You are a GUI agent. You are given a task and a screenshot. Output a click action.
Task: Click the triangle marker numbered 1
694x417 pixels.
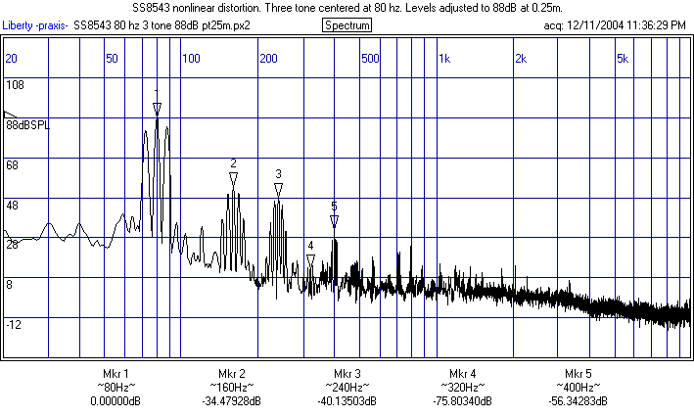pyautogui.click(x=157, y=108)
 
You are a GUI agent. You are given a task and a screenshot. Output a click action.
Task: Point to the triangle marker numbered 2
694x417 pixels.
pyautogui.click(x=233, y=179)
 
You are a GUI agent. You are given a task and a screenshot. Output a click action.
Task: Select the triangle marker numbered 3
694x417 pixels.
pyautogui.click(x=278, y=189)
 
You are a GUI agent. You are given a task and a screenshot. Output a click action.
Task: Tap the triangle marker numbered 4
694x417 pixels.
pyautogui.click(x=310, y=259)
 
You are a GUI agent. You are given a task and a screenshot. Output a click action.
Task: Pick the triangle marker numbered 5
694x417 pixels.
pyautogui.click(x=334, y=220)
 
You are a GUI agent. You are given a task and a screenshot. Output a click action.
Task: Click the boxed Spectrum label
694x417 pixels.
pyautogui.click(x=347, y=24)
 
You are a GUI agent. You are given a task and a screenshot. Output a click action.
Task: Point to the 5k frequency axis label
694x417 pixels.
pyautogui.click(x=623, y=59)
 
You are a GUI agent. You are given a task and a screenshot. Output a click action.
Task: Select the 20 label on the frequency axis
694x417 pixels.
pyautogui.click(x=12, y=59)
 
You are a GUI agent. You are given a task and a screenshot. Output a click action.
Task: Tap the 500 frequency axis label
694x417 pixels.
pyautogui.click(x=370, y=59)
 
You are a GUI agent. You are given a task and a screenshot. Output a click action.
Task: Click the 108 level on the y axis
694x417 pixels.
pyautogui.click(x=15, y=85)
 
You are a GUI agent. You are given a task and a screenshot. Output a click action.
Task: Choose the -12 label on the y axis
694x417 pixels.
pyautogui.click(x=15, y=324)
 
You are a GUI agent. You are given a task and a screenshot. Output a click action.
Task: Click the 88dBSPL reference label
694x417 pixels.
pyautogui.click(x=27, y=126)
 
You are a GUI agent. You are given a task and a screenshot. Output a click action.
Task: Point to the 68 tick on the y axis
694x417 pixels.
pyautogui.click(x=13, y=165)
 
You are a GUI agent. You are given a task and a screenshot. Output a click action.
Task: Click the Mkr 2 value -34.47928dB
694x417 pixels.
pyautogui.click(x=231, y=401)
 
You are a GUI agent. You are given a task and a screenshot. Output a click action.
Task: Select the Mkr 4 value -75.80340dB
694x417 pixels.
pyautogui.click(x=462, y=401)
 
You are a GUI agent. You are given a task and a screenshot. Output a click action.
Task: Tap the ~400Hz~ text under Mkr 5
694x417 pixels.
pyautogui.click(x=578, y=388)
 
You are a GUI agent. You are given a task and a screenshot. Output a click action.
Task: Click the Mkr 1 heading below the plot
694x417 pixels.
pyautogui.click(x=116, y=374)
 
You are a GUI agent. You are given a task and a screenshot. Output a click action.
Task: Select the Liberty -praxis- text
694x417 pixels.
pyautogui.click(x=35, y=24)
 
